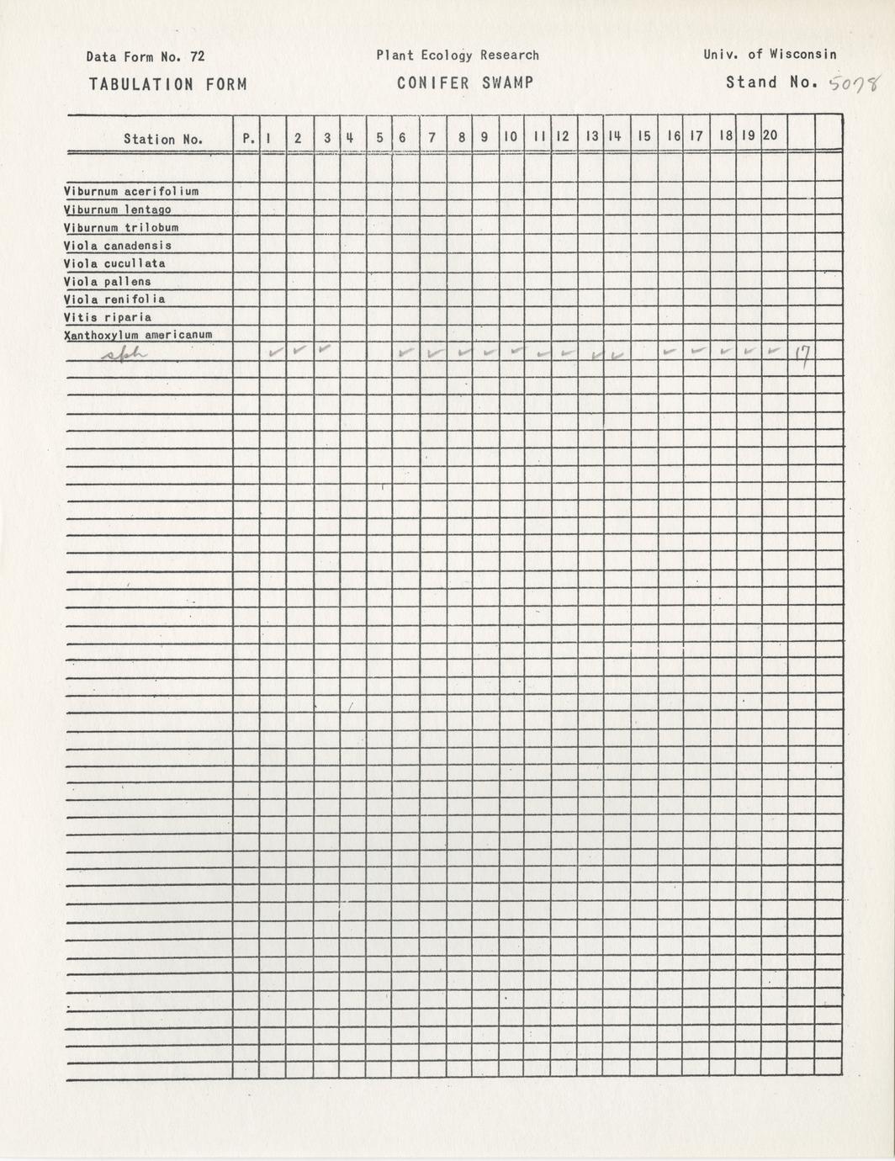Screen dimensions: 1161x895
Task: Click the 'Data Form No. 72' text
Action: pos(145,57)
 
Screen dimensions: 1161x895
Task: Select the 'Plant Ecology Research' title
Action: pos(458,56)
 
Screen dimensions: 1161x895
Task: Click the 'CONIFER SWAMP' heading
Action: pos(465,83)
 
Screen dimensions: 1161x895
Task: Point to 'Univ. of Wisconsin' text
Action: pos(770,55)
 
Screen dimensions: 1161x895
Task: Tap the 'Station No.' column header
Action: pos(163,140)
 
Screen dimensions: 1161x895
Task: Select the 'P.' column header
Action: pos(248,139)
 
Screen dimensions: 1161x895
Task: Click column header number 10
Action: pos(510,136)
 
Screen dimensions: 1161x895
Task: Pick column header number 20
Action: pos(771,135)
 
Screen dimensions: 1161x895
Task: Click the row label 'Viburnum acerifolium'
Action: pos(131,192)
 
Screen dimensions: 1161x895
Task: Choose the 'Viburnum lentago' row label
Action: pos(118,209)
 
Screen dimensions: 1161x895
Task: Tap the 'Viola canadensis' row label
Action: pos(118,246)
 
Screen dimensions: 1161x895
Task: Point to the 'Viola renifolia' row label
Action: pos(114,300)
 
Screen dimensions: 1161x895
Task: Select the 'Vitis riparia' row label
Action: pos(108,317)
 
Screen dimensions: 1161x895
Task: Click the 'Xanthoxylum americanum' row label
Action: pos(138,335)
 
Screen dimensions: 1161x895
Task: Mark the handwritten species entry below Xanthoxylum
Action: pos(124,356)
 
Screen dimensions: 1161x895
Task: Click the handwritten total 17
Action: pos(801,358)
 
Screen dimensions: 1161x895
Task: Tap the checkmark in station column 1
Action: pos(274,353)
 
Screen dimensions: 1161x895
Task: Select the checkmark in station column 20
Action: pos(772,351)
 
